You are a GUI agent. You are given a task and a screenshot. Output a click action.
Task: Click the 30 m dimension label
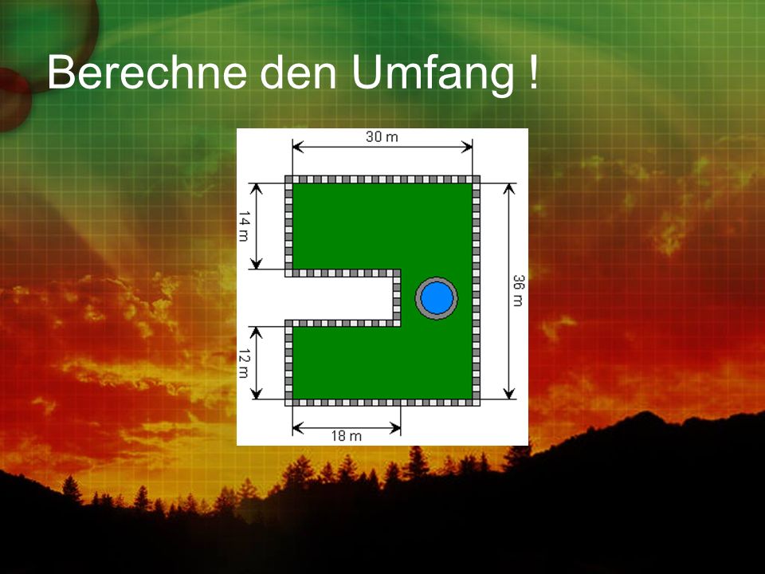click(x=382, y=136)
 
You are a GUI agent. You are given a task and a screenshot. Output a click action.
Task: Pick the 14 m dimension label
click(x=244, y=226)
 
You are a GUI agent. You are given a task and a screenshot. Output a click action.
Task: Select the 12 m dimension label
click(x=244, y=364)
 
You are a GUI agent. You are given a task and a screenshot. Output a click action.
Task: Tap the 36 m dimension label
click(x=518, y=290)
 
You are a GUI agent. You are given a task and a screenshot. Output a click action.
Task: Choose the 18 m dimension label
click(x=347, y=435)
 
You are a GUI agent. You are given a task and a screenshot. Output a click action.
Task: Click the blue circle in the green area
click(x=437, y=297)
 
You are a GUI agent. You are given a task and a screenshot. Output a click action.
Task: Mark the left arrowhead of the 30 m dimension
click(x=298, y=147)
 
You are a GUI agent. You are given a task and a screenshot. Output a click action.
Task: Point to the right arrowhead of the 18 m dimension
click(x=395, y=429)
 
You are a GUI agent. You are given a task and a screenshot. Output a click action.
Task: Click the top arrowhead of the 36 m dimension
click(x=509, y=189)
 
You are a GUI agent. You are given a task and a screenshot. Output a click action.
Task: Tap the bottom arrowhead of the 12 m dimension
click(x=256, y=393)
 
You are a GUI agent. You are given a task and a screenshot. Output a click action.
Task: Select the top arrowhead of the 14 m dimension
click(x=256, y=189)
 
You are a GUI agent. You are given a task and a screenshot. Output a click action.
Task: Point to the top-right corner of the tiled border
click(x=480, y=176)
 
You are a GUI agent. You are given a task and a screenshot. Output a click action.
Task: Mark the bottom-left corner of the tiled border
click(x=285, y=406)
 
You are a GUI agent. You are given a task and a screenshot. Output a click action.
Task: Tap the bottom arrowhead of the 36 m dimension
click(x=509, y=393)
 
